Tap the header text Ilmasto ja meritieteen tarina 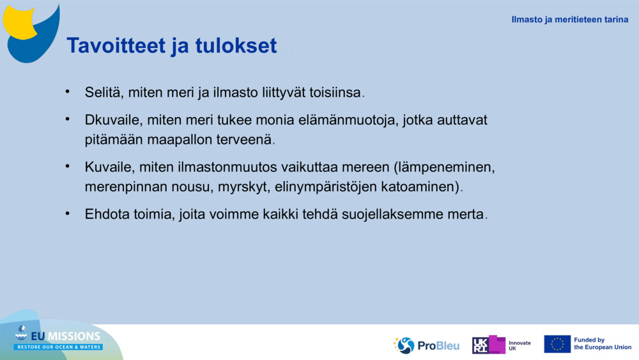[x=569, y=19]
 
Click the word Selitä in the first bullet [x=104, y=93]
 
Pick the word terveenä [x=245, y=139]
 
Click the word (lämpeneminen [x=444, y=168]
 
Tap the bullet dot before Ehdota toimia [x=67, y=214]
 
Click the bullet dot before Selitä [x=67, y=92]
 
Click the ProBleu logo [x=426, y=345]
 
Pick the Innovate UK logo [x=502, y=345]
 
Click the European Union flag [x=557, y=344]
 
